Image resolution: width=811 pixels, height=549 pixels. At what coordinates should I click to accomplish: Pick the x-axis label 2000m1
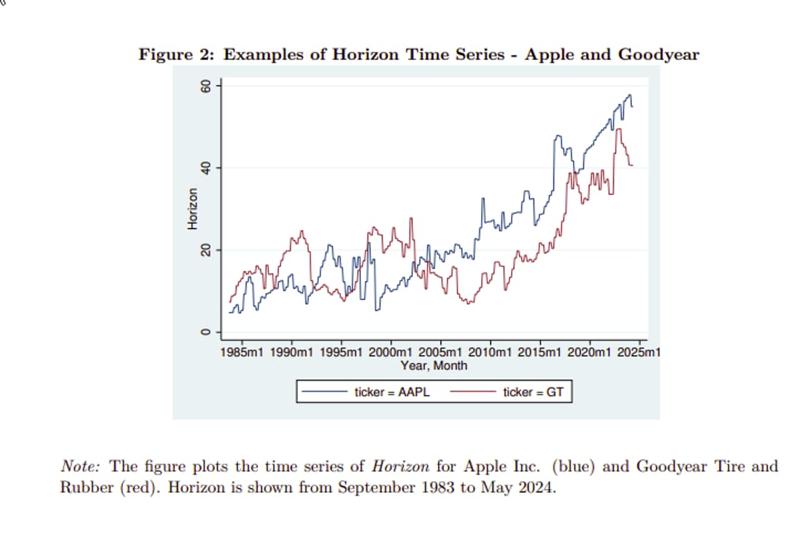point(391,353)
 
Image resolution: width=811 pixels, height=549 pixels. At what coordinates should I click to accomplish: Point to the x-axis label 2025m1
point(639,353)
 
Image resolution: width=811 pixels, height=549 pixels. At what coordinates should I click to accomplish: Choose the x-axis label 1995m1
point(342,353)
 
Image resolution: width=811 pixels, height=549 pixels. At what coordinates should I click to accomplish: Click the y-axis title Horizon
point(193,209)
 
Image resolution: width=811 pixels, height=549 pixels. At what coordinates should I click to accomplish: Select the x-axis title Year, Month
point(433,366)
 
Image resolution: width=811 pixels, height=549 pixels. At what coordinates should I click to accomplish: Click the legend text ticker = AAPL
point(392,391)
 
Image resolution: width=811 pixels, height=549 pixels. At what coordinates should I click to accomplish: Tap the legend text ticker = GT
point(533,391)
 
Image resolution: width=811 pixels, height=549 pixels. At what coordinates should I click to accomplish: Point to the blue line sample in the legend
point(325,391)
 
